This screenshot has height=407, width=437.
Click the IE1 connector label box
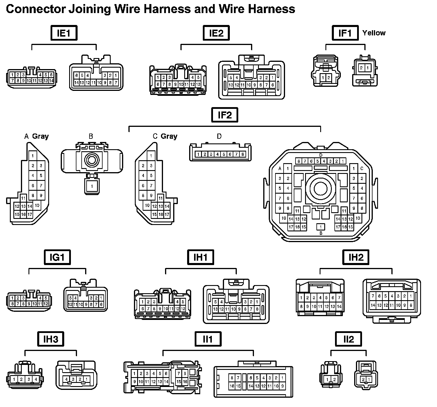(64, 33)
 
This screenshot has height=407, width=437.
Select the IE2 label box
(216, 33)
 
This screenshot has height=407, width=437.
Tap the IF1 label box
(345, 33)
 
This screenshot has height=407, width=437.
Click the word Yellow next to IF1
(374, 33)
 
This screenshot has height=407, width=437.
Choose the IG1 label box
(57, 257)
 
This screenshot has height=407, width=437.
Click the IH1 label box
(200, 257)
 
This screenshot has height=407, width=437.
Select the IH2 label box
(356, 257)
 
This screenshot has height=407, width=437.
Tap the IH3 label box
(51, 339)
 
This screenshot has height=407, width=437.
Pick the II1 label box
(208, 339)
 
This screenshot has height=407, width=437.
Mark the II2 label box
(348, 339)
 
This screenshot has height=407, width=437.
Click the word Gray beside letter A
(40, 136)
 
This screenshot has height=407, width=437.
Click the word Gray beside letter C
(169, 136)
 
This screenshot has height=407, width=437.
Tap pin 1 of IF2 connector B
(92, 186)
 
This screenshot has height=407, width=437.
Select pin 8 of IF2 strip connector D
(242, 154)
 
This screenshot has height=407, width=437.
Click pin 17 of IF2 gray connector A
(30, 215)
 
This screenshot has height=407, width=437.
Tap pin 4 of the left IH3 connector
(36, 379)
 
